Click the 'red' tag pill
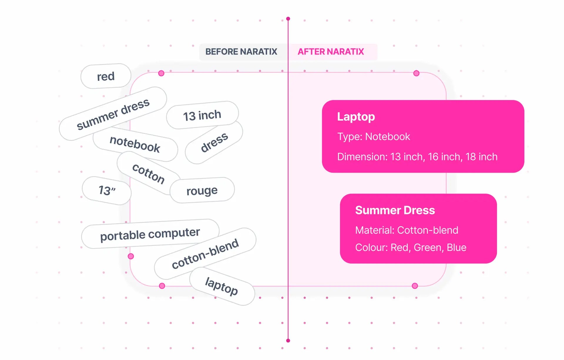(x=106, y=76)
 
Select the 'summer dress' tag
(x=113, y=114)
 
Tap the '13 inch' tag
(x=202, y=115)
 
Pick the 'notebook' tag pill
(x=135, y=144)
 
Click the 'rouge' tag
(x=202, y=191)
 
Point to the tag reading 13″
(x=107, y=190)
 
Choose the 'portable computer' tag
(x=150, y=234)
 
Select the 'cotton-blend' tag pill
(x=205, y=254)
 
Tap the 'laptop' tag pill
(x=221, y=286)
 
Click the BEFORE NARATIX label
(x=241, y=52)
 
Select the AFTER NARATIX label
(x=331, y=52)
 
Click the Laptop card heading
(x=356, y=117)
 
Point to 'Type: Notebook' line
(x=373, y=137)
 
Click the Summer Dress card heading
(x=395, y=210)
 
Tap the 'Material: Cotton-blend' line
(x=407, y=230)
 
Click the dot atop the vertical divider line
(x=288, y=19)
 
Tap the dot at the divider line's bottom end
(x=288, y=341)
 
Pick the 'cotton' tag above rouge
(x=148, y=174)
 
